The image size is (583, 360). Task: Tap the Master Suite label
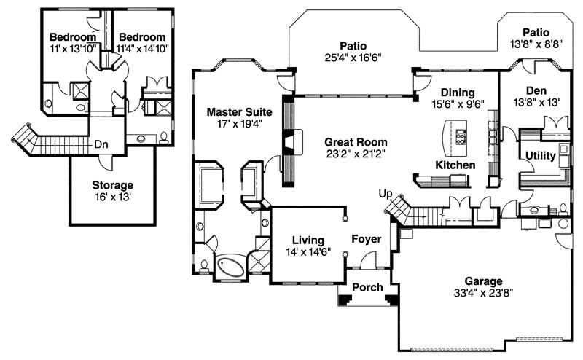[239, 112]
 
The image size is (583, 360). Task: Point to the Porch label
[367, 287]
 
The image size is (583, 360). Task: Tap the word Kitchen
[455, 165]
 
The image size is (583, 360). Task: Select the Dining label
[457, 93]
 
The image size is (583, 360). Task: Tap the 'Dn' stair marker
[101, 144]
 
